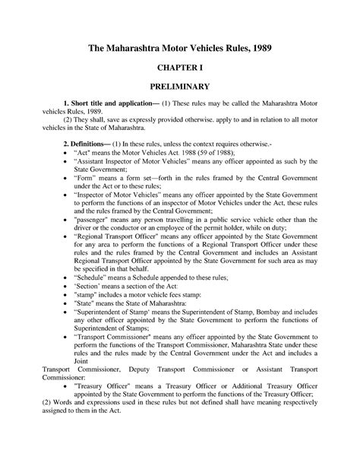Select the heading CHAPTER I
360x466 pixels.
(x=179, y=77)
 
